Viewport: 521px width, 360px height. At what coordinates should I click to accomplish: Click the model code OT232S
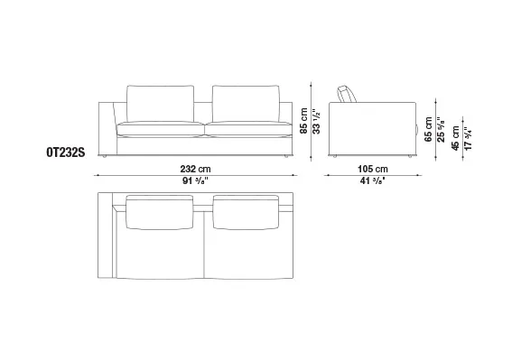66,152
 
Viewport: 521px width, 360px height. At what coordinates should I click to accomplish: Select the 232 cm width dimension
195,169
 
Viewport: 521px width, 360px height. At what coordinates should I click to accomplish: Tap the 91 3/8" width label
195,181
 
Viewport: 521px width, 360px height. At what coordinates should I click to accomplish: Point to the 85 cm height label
303,121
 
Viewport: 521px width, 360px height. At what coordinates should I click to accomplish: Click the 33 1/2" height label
316,122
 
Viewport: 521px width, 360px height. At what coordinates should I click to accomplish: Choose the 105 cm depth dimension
373,169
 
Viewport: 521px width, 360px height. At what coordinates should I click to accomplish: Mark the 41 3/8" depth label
373,181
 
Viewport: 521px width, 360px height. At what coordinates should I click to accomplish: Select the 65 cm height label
428,130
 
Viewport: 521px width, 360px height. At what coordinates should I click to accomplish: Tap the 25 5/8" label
441,130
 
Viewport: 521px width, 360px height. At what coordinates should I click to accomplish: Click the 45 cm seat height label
455,138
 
